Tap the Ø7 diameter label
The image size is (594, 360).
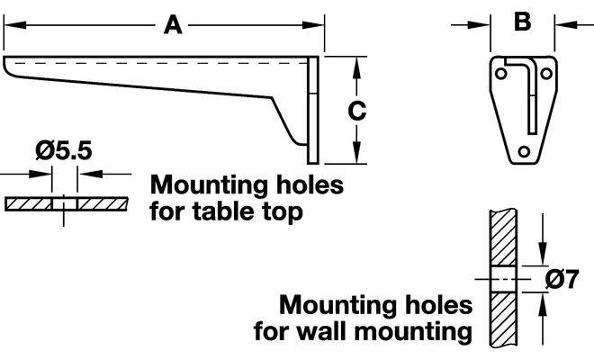point(562,279)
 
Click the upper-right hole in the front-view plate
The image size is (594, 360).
point(544,69)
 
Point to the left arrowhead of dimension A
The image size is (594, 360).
point(11,27)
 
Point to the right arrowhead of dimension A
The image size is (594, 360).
point(314,27)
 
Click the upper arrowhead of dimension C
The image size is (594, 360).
point(357,62)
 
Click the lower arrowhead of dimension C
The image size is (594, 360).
point(357,157)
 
